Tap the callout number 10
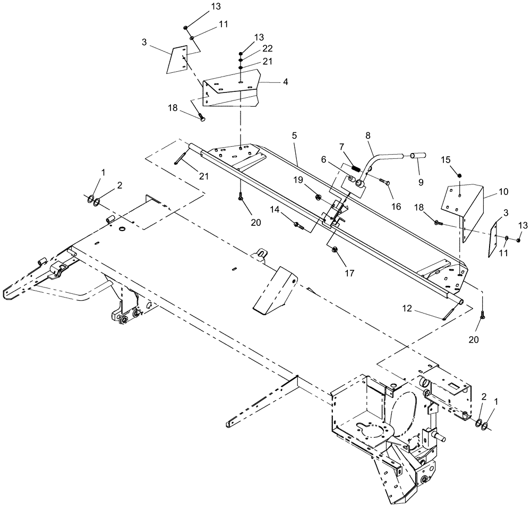pos(503,191)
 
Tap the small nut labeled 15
pos(460,175)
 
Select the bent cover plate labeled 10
pos(462,207)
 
